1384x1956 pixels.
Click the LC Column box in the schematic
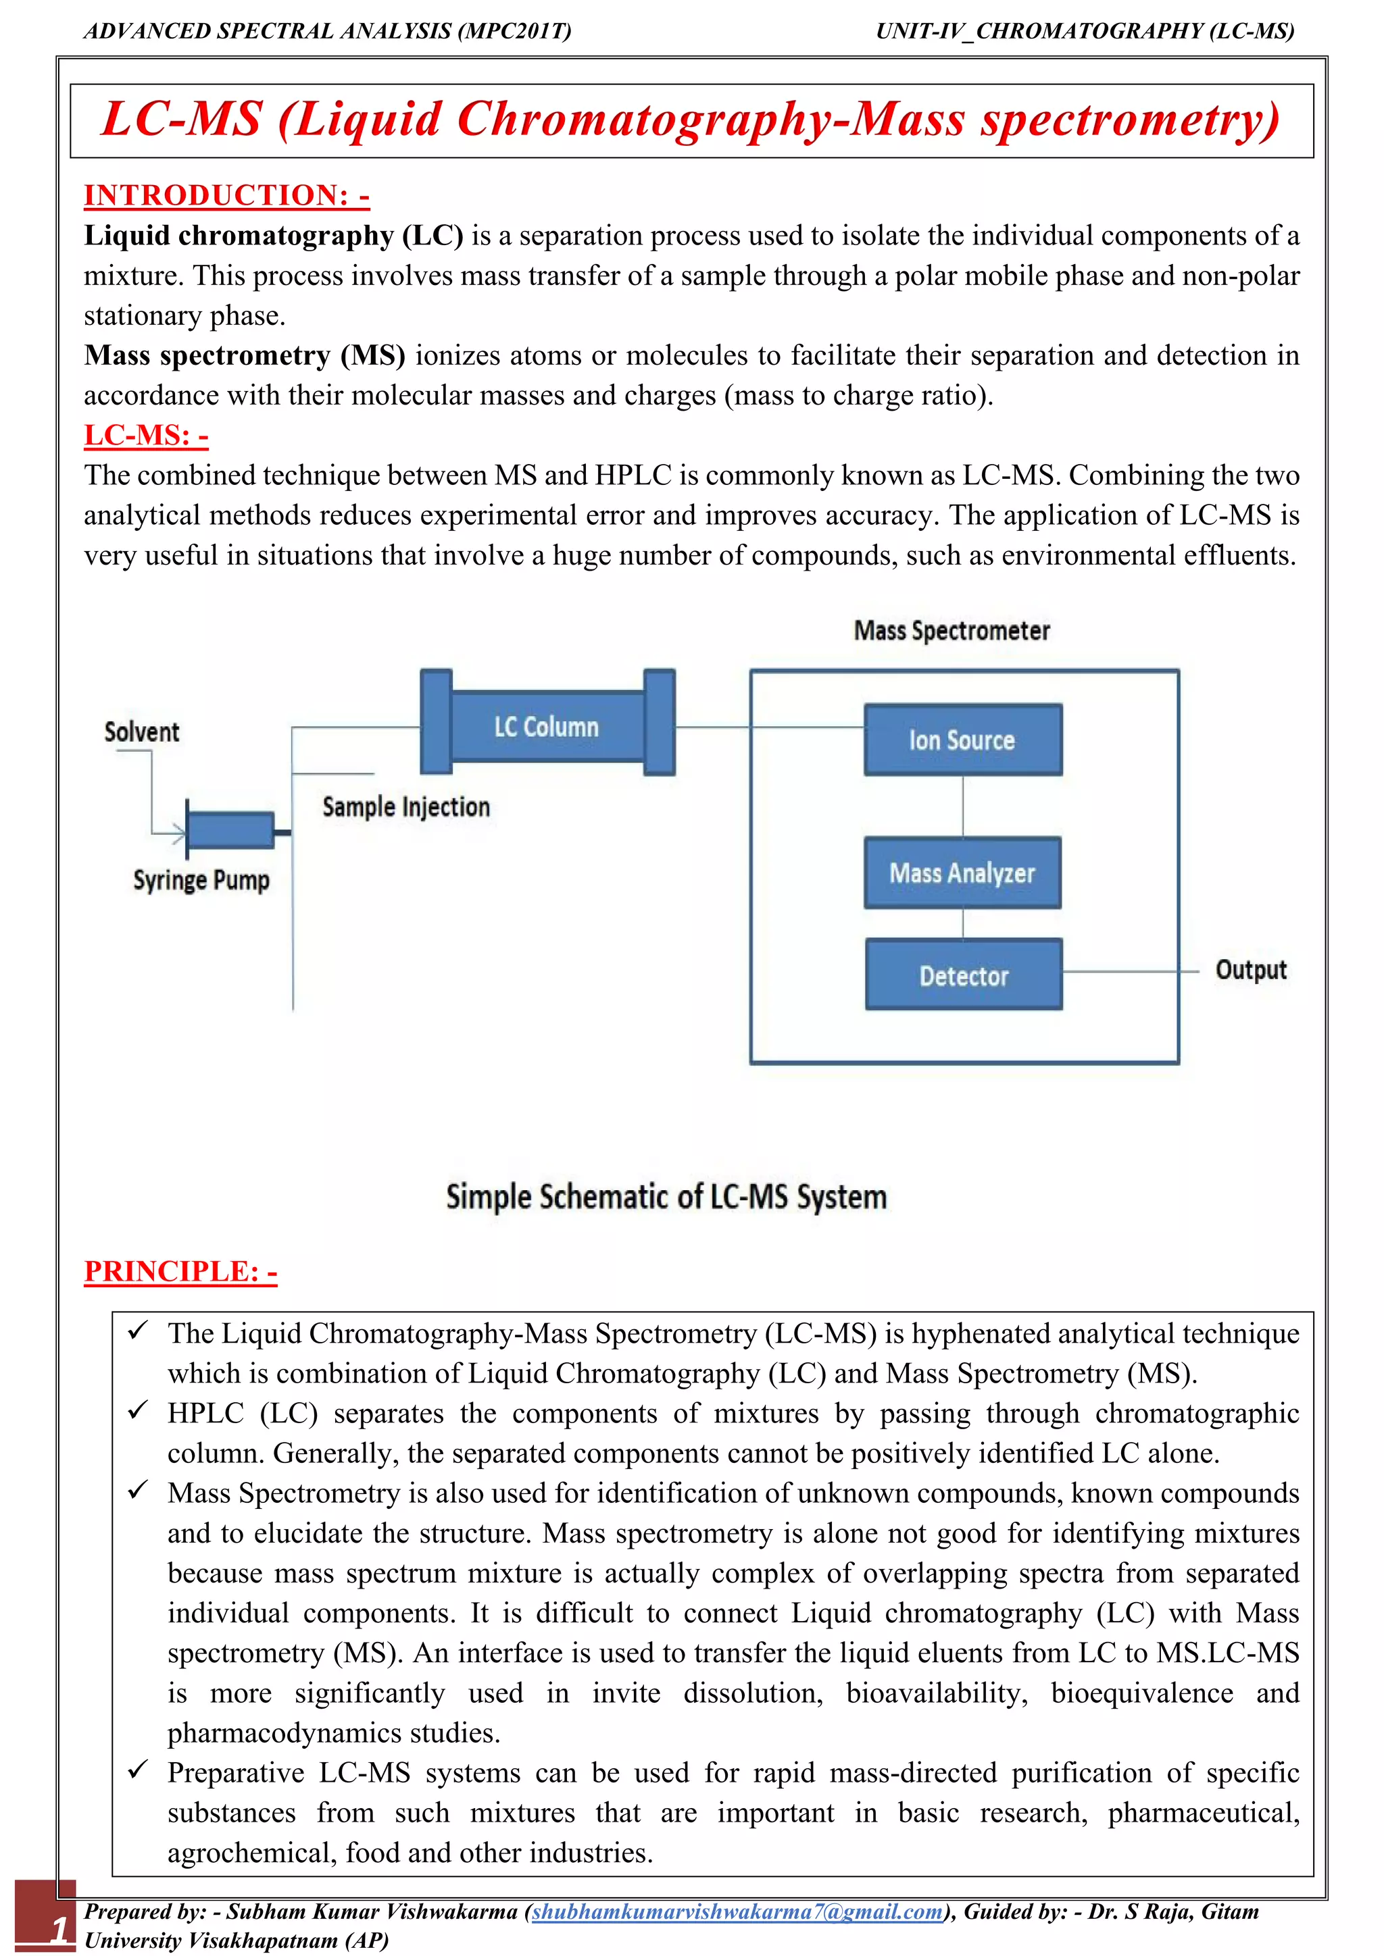(546, 726)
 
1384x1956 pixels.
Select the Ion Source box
(962, 740)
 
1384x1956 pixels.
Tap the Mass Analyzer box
(962, 873)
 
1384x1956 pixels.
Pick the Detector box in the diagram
(963, 975)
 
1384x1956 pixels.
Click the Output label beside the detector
(1250, 969)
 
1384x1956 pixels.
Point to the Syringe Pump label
(201, 880)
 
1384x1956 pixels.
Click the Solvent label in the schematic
(141, 731)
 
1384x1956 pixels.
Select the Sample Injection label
(405, 806)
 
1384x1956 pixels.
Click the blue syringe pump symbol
(230, 829)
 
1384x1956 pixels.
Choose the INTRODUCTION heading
(226, 195)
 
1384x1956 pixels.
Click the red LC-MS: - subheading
(146, 436)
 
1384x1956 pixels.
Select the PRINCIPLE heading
(180, 1271)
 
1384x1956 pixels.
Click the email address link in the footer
(737, 1911)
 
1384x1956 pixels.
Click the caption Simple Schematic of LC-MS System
(666, 1197)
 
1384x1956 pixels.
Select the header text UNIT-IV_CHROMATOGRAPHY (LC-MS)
(1084, 32)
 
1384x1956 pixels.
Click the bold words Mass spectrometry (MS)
(245, 355)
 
